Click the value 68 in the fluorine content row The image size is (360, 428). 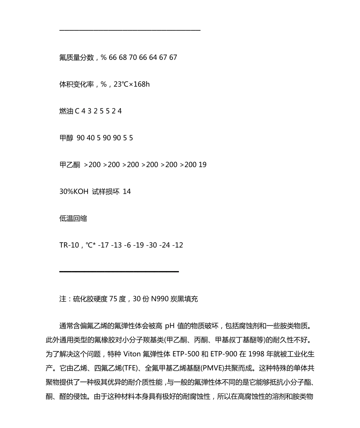point(122,58)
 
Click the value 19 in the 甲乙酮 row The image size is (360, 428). point(202,165)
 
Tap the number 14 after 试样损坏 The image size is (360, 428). point(127,192)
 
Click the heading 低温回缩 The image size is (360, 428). point(73,218)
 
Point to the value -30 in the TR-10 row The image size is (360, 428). point(153,245)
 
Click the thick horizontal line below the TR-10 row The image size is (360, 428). point(119,271)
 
